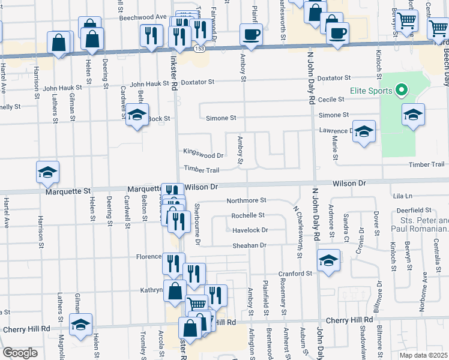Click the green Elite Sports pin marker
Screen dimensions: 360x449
tap(403, 91)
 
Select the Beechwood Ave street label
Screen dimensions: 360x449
tap(142, 17)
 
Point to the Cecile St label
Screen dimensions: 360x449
tap(331, 100)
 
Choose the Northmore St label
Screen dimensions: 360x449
tap(246, 200)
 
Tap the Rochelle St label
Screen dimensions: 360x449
tap(248, 215)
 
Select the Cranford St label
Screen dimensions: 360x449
tap(295, 274)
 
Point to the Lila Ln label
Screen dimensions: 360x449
tap(403, 196)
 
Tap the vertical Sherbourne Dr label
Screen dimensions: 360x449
tap(197, 225)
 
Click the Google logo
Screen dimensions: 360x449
tap(20, 353)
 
